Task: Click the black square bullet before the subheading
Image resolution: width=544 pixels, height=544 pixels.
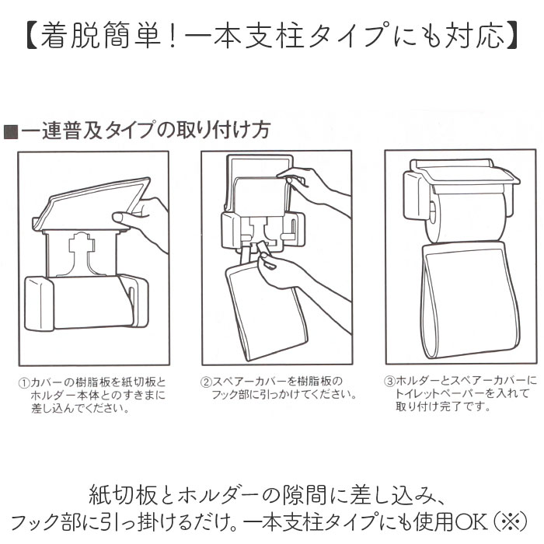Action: (11, 131)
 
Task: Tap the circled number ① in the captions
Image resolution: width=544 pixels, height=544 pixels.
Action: (23, 383)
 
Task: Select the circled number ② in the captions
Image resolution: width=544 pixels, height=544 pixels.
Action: (207, 382)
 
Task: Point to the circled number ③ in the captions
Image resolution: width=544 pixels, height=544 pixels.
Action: (390, 382)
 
